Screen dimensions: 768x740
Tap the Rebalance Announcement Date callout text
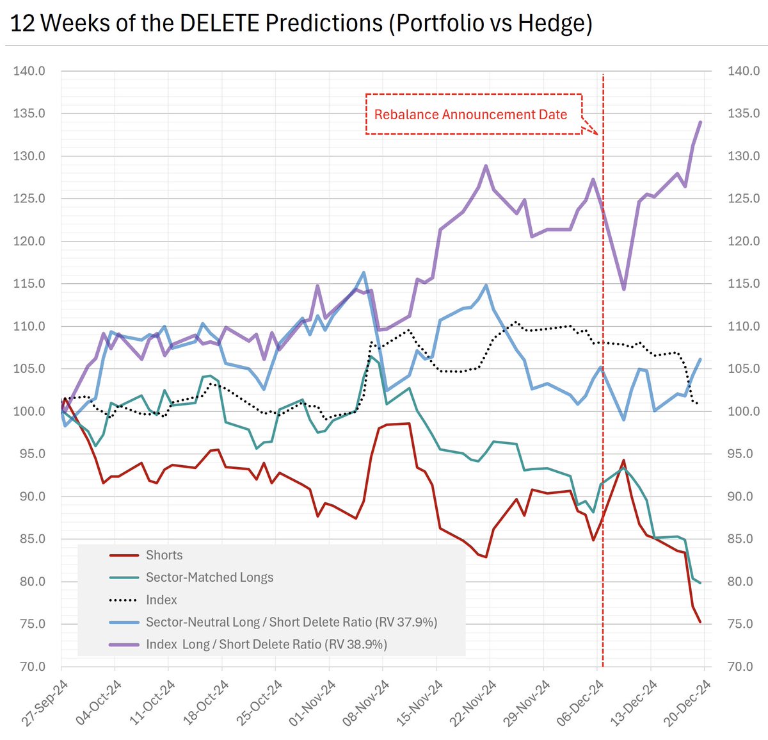[x=470, y=115]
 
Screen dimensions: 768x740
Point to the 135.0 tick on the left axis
[x=29, y=113]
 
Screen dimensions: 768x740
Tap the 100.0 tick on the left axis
[x=29, y=411]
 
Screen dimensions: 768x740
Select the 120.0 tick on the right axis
[x=744, y=241]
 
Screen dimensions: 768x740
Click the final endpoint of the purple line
[x=701, y=122]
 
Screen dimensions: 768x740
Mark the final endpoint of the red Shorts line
[x=701, y=622]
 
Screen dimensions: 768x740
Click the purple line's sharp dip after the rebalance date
[x=624, y=290]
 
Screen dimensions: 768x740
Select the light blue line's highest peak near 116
[x=364, y=272]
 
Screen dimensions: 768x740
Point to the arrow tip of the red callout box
[x=598, y=135]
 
